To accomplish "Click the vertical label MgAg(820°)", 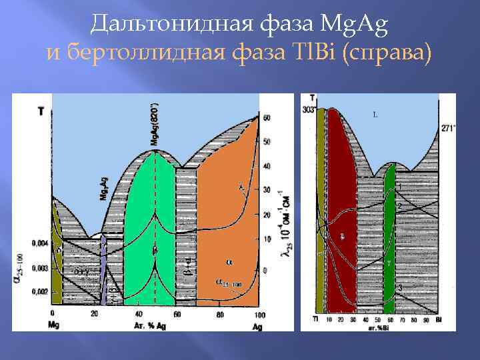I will pyautogui.click(x=155, y=125).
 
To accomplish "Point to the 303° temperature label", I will pyautogui.click(x=309, y=109).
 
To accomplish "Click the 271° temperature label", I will pyautogui.click(x=447, y=127).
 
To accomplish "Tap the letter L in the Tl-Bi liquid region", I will pyautogui.click(x=375, y=115).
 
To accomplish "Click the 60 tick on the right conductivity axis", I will pyautogui.click(x=267, y=118).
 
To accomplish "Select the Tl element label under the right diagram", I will pyautogui.click(x=315, y=321).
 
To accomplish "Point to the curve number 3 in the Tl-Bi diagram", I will pyautogui.click(x=399, y=287).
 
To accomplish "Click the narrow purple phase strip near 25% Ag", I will pyautogui.click(x=103, y=267).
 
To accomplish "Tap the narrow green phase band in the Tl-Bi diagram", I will pyautogui.click(x=390, y=233).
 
